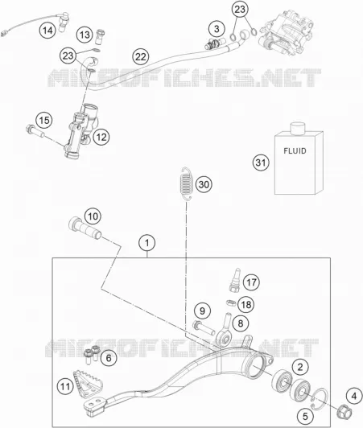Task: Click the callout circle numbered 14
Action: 47,30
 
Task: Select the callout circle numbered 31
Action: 261,163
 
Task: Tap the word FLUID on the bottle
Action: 295,151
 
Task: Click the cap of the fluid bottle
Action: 297,128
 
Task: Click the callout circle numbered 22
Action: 141,57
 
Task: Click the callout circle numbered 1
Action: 147,243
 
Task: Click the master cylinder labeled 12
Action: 79,130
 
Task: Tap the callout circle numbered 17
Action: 251,282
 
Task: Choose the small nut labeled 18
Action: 231,302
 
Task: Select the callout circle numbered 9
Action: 202,311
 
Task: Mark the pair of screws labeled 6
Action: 91,353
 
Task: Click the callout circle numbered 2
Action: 300,367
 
